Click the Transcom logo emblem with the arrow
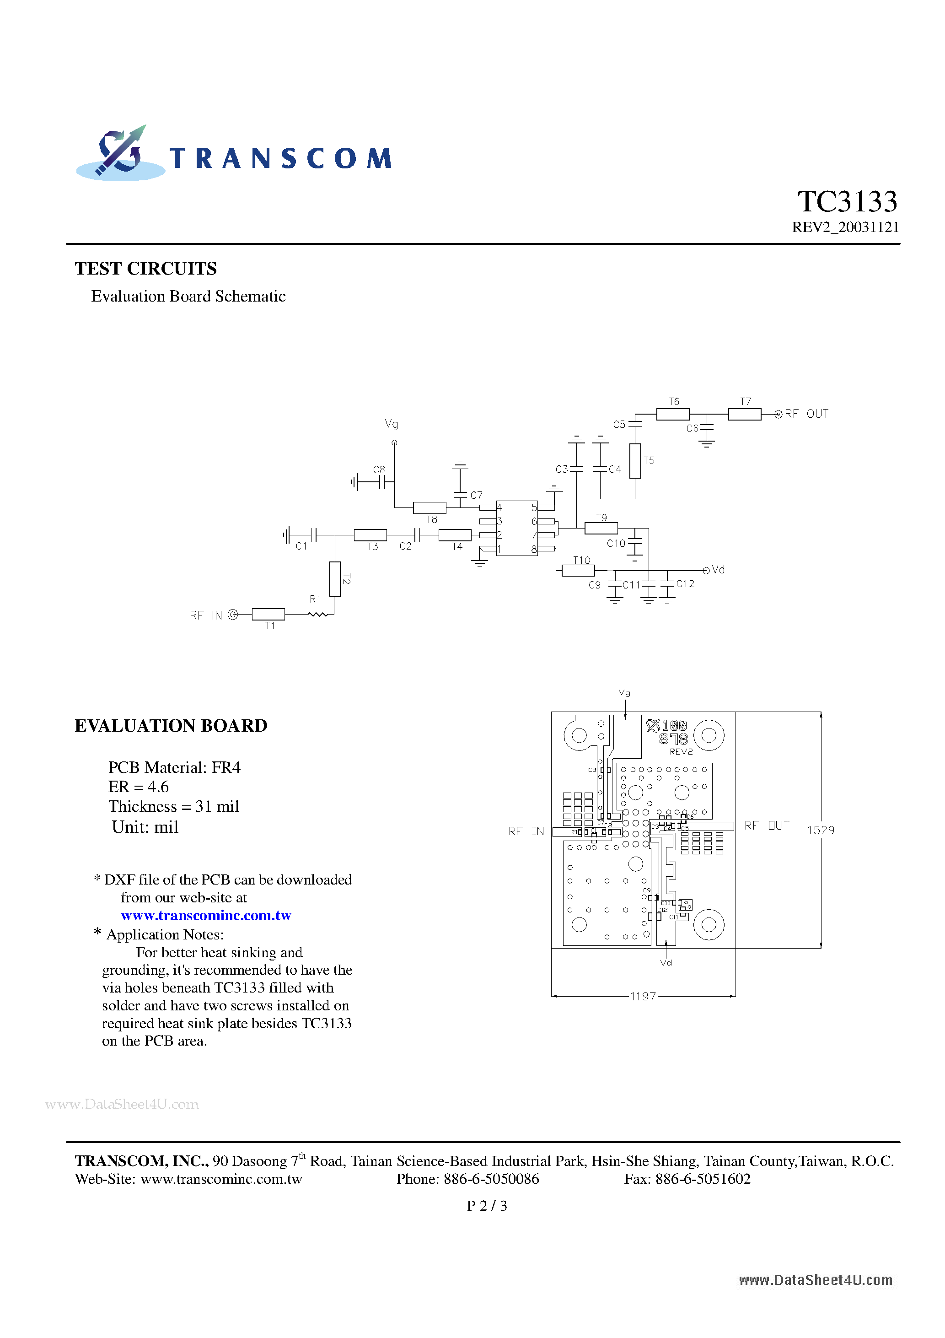121,153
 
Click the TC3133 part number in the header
847,202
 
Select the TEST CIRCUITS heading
145,269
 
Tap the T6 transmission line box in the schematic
672,414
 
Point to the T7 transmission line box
745,414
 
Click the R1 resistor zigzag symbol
318,614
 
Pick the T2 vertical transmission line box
335,579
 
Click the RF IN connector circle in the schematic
233,614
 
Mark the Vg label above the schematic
392,424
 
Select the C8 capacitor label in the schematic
379,469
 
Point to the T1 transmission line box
268,614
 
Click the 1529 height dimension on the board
820,830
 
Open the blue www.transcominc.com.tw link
206,916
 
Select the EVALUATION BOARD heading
171,726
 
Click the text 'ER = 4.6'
139,787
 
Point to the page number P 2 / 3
487,1206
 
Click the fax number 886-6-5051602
703,1179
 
